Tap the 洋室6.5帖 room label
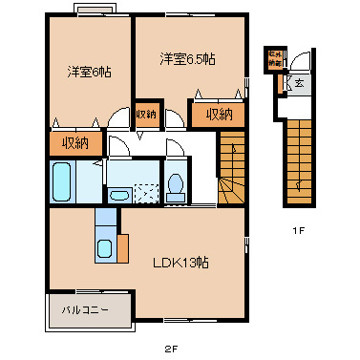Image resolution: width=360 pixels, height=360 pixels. click(x=186, y=59)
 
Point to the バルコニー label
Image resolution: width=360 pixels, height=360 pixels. click(x=86, y=310)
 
